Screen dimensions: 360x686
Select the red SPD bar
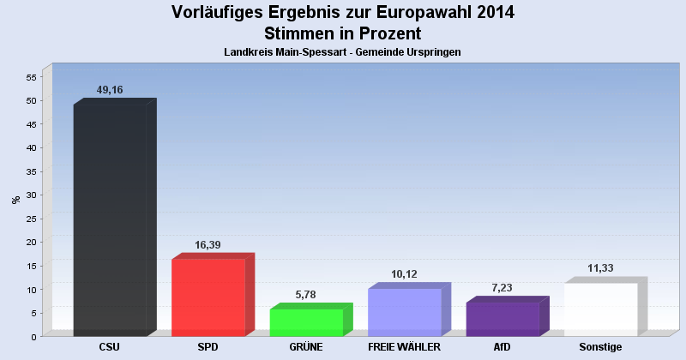[x=208, y=297]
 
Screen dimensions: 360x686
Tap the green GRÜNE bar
[x=306, y=322]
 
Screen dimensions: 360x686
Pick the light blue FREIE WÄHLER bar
[x=404, y=312]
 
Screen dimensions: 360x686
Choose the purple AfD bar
[x=502, y=319]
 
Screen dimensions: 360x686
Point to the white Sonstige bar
[x=600, y=309]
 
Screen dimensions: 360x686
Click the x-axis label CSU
[x=110, y=347]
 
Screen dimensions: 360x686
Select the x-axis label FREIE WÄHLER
[x=404, y=347]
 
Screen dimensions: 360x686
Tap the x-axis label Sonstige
[x=600, y=347]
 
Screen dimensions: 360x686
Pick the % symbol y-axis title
[x=15, y=200]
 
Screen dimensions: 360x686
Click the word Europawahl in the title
[x=406, y=13]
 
